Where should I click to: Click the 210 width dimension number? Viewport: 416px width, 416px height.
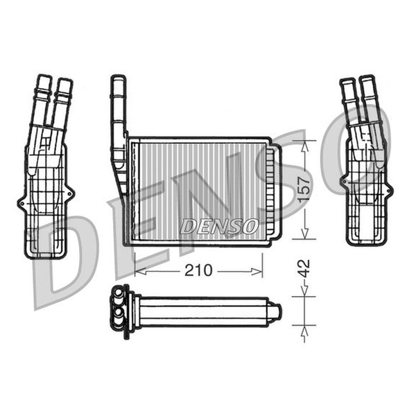point(198,270)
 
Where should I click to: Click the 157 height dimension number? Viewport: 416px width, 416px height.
point(304,189)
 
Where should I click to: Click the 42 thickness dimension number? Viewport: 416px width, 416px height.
point(304,269)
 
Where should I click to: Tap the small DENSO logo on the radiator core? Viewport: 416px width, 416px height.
point(219,226)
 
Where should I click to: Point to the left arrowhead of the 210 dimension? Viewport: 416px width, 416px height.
point(140,271)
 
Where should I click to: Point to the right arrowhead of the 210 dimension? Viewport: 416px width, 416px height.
point(257,271)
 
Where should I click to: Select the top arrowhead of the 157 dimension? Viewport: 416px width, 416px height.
point(305,146)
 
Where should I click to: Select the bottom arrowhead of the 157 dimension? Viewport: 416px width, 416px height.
point(305,233)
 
